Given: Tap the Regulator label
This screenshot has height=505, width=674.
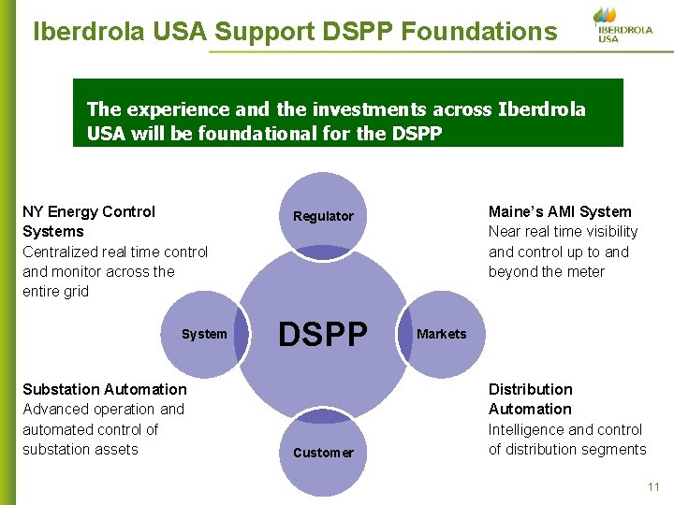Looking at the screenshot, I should tap(323, 216).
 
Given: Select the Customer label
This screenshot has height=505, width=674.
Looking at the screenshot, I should tap(323, 453).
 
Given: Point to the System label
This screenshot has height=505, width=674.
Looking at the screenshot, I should tap(204, 334).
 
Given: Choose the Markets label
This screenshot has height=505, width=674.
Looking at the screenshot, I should tap(441, 334).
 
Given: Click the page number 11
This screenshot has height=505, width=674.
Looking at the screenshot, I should tap(652, 486).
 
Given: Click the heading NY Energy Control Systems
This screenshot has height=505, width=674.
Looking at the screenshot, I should tap(89, 222).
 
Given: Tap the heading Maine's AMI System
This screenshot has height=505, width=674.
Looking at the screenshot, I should tap(560, 211).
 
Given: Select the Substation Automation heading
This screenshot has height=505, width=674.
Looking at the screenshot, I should tap(105, 389).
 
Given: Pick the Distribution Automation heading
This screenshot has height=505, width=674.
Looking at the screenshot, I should tap(530, 399).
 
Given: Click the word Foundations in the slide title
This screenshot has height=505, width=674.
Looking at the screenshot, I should tap(478, 32).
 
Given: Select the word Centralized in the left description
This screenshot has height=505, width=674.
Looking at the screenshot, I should tap(63, 252).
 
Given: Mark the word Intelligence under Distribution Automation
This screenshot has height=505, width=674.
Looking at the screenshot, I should tap(526, 429).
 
